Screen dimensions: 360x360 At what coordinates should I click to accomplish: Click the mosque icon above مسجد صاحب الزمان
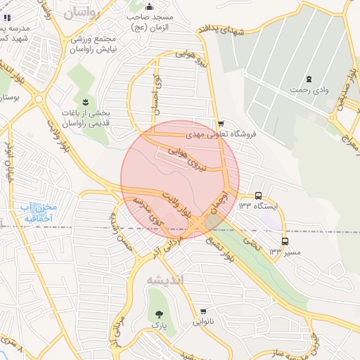[x=148, y=7]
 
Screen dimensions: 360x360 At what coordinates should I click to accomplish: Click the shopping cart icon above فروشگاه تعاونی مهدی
[x=221, y=122]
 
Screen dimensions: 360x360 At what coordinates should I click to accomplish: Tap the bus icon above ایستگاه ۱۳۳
[x=258, y=195]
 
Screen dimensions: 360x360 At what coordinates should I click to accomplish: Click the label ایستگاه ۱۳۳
[x=258, y=206]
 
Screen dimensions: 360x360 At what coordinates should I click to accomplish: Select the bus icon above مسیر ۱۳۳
[x=284, y=240]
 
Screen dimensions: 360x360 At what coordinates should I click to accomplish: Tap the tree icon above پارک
[x=159, y=314]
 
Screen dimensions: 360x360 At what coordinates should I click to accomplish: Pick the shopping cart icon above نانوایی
[x=203, y=311]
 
